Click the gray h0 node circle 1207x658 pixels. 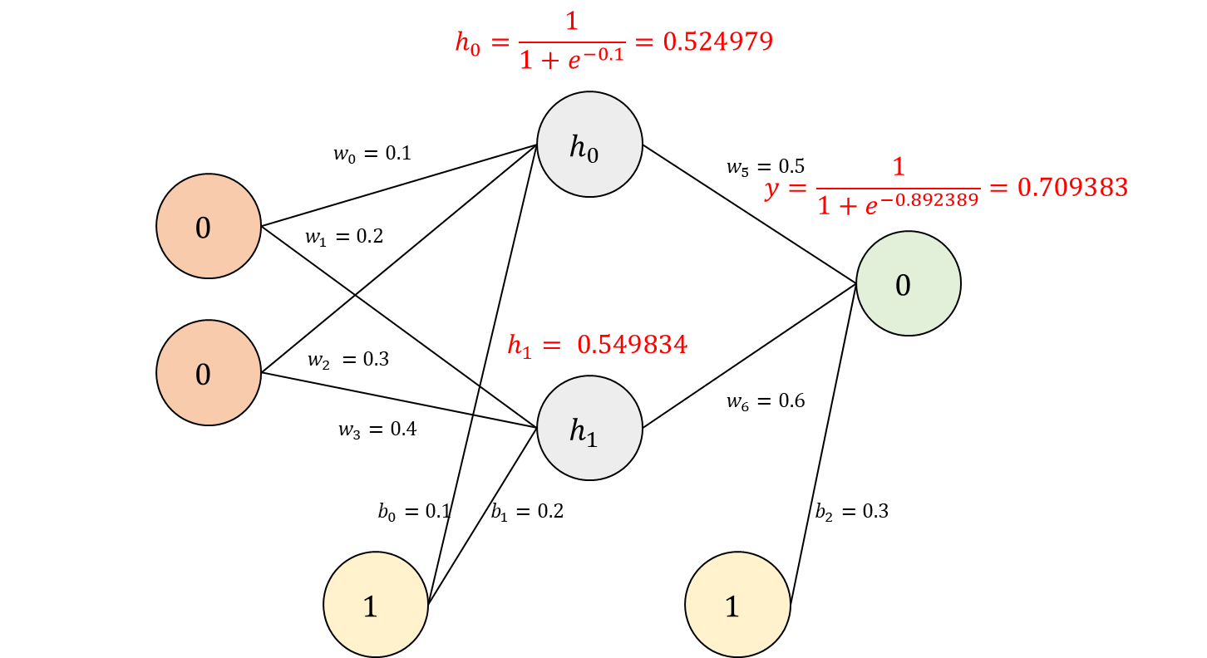pyautogui.click(x=589, y=145)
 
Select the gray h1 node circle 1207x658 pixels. pyautogui.click(x=589, y=428)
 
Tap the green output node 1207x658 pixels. pyautogui.click(x=908, y=283)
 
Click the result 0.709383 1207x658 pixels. pyautogui.click(x=1072, y=188)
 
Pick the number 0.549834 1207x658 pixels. pyautogui.click(x=632, y=345)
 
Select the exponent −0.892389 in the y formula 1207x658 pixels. pyautogui.click(x=930, y=199)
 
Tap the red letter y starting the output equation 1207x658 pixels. pyautogui.click(x=772, y=189)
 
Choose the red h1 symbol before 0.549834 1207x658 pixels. pyautogui.click(x=519, y=346)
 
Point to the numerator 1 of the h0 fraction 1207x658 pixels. pyautogui.click(x=571, y=22)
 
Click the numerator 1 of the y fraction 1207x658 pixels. pyautogui.click(x=898, y=168)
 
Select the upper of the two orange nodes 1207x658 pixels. pyautogui.click(x=208, y=226)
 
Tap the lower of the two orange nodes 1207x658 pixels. pyautogui.click(x=208, y=372)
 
